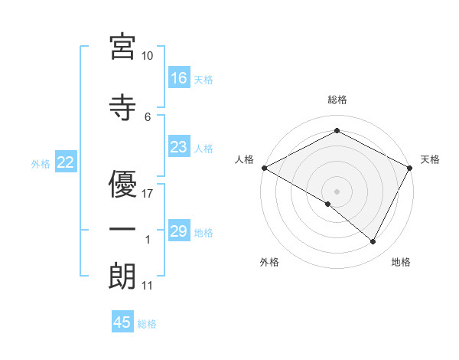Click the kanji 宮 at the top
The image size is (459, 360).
122,47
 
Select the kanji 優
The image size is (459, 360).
122,183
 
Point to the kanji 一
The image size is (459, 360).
122,231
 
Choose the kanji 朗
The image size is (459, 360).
122,277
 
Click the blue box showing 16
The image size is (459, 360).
179,78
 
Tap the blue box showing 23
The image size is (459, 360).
179,147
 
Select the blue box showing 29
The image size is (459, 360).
179,231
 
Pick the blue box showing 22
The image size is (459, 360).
65,162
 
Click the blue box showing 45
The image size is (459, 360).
122,322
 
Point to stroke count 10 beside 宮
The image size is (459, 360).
148,56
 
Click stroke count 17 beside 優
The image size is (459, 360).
148,193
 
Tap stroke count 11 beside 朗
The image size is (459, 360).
148,286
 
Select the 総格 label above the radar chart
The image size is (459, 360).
337,100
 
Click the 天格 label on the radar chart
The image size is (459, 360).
430,159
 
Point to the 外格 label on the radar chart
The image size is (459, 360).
269,262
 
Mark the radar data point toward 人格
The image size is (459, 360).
264,168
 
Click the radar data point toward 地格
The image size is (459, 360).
373,242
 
